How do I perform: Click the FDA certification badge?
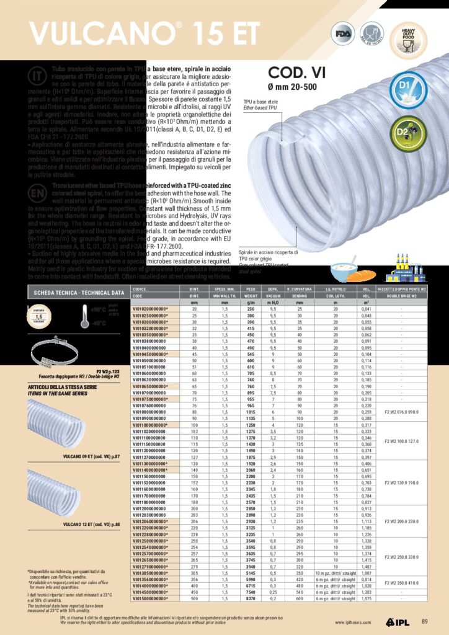point(342,34)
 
